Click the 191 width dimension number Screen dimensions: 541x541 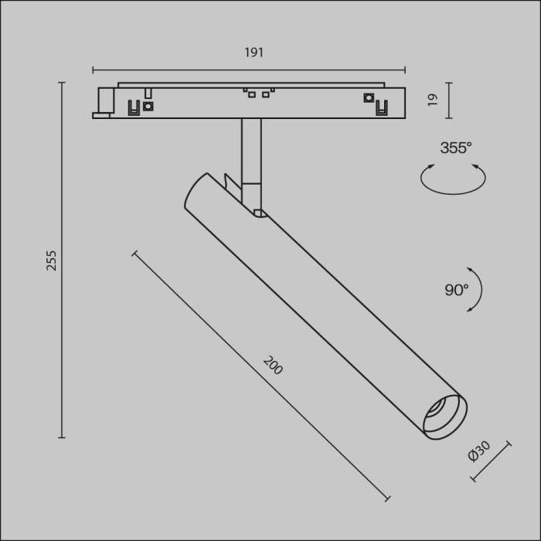pyautogui.click(x=254, y=53)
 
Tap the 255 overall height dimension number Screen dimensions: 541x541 pyautogui.click(x=52, y=260)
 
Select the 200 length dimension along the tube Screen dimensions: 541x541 pyautogui.click(x=273, y=366)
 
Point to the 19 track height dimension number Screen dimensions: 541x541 pyautogui.click(x=433, y=100)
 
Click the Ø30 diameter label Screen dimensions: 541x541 pyautogui.click(x=479, y=451)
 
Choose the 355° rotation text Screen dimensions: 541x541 pyautogui.click(x=456, y=148)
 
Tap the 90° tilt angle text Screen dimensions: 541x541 pyautogui.click(x=456, y=290)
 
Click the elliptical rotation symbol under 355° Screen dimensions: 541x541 pyautogui.click(x=454, y=179)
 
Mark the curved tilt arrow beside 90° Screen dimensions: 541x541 pyautogui.click(x=478, y=290)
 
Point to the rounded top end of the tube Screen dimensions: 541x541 pyautogui.click(x=196, y=189)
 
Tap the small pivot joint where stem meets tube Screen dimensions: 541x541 pyautogui.click(x=260, y=211)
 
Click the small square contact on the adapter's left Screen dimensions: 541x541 pyautogui.click(x=148, y=105)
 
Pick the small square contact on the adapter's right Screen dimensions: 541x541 pyautogui.click(x=368, y=97)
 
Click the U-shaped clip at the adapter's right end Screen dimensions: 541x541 pyautogui.click(x=380, y=107)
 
